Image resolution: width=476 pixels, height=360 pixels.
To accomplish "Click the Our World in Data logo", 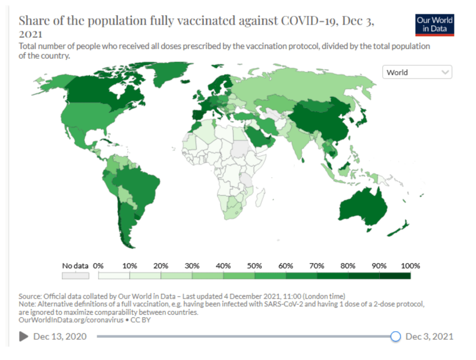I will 435,25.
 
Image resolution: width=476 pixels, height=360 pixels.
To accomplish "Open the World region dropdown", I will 417,72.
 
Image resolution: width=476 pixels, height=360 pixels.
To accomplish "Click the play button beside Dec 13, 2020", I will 23,336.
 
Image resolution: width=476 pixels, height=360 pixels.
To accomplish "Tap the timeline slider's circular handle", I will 395,336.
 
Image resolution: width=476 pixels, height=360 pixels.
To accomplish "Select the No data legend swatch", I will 75,275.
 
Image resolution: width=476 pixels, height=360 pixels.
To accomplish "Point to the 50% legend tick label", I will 255,266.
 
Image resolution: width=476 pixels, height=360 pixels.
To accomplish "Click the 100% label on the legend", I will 410,266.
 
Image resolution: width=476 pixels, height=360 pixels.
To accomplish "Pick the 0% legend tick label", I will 98,266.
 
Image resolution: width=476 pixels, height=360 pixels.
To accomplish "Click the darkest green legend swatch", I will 395,275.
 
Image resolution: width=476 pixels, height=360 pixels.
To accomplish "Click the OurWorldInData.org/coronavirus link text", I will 70,320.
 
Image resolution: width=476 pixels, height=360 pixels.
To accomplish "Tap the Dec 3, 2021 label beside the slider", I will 429,336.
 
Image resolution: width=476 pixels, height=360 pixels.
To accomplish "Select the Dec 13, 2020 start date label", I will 60,336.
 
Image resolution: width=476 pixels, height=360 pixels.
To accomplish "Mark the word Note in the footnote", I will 27,304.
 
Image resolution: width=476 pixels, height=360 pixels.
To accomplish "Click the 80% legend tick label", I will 348,266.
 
